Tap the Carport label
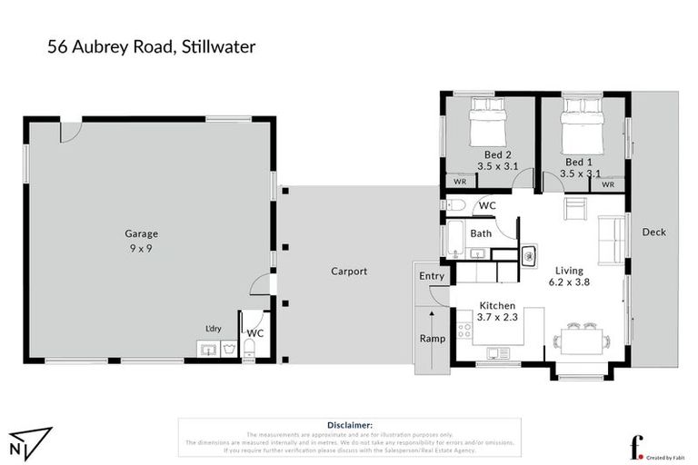(x=348, y=271)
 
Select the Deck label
(x=653, y=232)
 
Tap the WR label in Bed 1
(x=608, y=184)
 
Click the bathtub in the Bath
(x=454, y=240)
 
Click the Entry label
(x=432, y=276)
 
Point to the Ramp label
(x=432, y=338)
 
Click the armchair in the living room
(x=575, y=211)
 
